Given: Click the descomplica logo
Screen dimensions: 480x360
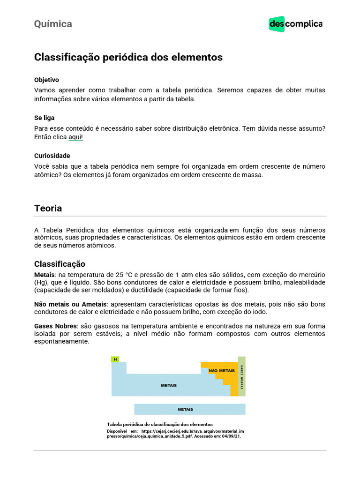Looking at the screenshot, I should (295, 24).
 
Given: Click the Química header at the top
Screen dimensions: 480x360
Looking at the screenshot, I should (53, 24).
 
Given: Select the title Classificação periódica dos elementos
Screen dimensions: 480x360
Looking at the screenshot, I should (128, 57).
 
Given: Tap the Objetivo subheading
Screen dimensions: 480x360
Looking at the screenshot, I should (46, 80).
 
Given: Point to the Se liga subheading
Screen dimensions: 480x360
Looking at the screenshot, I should (44, 118).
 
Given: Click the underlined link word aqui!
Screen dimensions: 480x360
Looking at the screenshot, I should (75, 137).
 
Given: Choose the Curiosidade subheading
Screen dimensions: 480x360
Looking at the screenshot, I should (52, 156).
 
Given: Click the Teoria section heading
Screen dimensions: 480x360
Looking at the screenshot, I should (48, 208).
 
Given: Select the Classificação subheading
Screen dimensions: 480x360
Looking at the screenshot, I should (60, 264).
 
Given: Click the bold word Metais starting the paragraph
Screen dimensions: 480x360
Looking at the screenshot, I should (45, 275).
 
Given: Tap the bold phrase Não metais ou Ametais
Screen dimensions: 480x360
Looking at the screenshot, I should (70, 304).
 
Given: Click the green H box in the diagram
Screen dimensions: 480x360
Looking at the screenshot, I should (115, 360).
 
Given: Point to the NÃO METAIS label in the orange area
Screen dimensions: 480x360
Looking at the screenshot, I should (218, 370).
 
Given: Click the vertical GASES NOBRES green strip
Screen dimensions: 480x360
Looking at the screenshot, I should (242, 376).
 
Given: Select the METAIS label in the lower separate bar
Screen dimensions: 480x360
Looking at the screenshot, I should (185, 409).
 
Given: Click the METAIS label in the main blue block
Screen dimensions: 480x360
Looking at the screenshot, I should (169, 385).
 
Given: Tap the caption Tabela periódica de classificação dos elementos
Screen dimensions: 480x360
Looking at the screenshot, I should (160, 424).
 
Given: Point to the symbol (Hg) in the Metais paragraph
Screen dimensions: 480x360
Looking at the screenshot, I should (41, 283).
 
